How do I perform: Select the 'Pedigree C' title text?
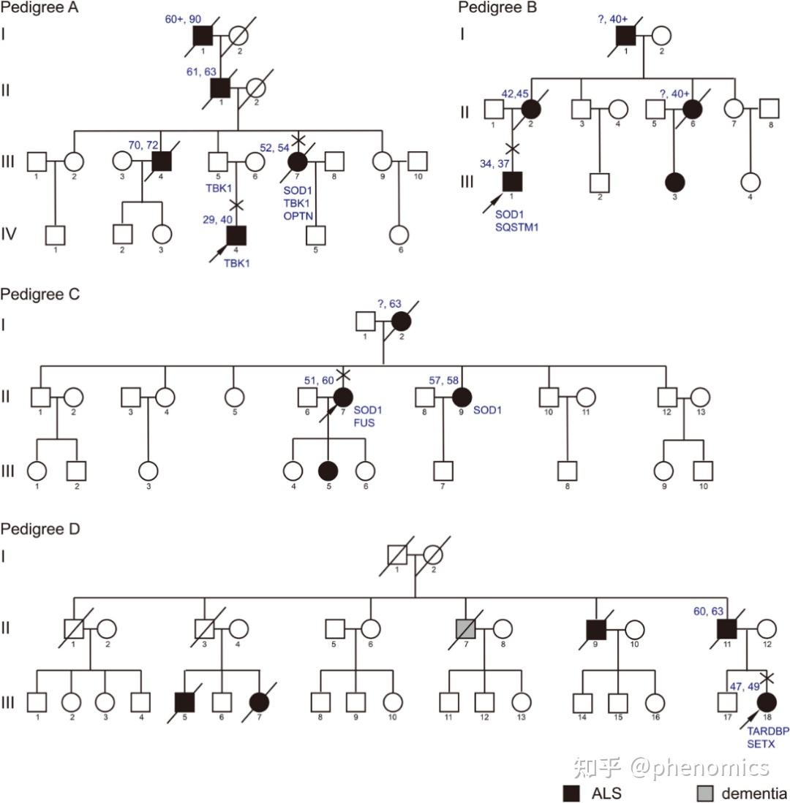coord(39,294)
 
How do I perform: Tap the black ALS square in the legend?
coord(571,793)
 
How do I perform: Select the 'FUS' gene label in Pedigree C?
coord(364,422)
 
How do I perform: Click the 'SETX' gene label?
coord(761,744)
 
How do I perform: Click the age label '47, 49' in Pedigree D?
coord(744,685)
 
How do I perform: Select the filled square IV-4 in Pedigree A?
coord(236,235)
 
